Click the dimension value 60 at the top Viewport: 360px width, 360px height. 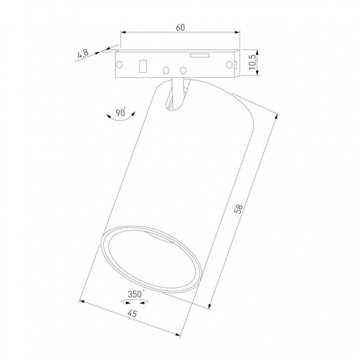tap(180, 28)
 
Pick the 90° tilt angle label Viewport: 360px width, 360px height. tap(120, 112)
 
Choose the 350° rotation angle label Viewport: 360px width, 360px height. tap(136, 294)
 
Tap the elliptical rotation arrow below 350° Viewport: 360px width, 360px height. tap(136, 302)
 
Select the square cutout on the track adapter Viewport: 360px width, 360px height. tap(144, 65)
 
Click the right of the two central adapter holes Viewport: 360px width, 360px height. tap(182, 70)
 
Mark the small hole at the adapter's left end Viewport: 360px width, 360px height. tap(119, 64)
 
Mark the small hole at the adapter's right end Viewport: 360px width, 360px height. tap(231, 64)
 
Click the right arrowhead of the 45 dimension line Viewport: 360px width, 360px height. tap(177, 334)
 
